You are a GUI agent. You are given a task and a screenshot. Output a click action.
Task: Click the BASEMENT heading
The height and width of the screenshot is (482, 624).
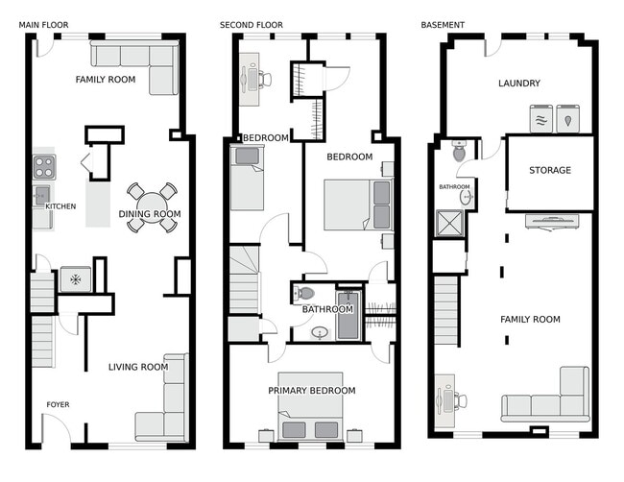point(443,25)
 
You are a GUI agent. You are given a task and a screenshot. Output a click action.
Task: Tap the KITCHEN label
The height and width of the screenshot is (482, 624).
point(60,206)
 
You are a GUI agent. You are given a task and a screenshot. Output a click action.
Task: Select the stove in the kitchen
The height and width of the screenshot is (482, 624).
point(44,166)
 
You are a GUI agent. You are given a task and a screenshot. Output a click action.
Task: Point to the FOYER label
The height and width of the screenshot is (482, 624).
point(58,404)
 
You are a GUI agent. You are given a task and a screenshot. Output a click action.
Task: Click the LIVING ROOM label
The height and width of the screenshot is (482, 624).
point(137,367)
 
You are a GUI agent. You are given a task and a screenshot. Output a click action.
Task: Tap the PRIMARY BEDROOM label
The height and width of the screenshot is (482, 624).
point(311,391)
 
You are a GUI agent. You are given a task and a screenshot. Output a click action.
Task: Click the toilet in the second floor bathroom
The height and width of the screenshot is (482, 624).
point(303,294)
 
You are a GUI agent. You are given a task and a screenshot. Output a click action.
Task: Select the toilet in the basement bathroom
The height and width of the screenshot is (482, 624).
point(459,152)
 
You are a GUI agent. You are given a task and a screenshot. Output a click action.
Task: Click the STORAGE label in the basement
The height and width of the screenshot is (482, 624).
point(549,171)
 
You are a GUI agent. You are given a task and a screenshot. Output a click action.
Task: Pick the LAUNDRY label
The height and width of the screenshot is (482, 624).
point(518,84)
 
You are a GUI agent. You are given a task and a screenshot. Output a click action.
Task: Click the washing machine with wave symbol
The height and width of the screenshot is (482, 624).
point(541,118)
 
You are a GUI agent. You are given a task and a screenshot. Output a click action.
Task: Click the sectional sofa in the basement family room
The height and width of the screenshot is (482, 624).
point(547,401)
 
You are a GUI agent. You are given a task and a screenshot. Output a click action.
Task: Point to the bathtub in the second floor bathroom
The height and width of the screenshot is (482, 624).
point(348,316)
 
